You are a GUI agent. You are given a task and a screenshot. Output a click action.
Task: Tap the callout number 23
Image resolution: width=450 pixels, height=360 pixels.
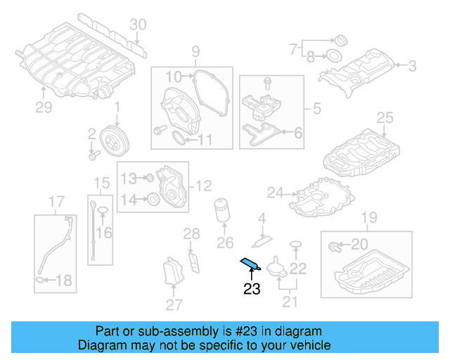[x=252, y=288]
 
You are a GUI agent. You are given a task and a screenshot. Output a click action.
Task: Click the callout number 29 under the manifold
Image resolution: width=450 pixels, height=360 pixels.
[x=44, y=107]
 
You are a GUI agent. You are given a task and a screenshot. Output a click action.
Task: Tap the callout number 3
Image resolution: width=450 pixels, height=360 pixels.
[x=412, y=66]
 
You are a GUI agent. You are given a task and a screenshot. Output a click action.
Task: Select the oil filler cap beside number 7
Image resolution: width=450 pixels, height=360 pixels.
[x=339, y=39]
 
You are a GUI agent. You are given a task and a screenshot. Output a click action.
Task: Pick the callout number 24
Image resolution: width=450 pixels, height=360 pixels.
[x=275, y=192]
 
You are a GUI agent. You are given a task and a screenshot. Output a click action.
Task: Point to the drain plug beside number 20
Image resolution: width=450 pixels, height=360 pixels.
[x=334, y=245]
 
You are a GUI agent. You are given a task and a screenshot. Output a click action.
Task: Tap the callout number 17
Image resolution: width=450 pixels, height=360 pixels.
[x=56, y=205]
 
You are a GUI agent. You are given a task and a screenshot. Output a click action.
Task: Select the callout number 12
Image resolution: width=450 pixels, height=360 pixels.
[x=203, y=186]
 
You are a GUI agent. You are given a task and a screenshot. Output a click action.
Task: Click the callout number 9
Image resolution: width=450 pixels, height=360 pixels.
[x=195, y=51]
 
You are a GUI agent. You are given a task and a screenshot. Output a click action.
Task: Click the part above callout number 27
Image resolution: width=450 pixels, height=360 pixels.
[x=173, y=272]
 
